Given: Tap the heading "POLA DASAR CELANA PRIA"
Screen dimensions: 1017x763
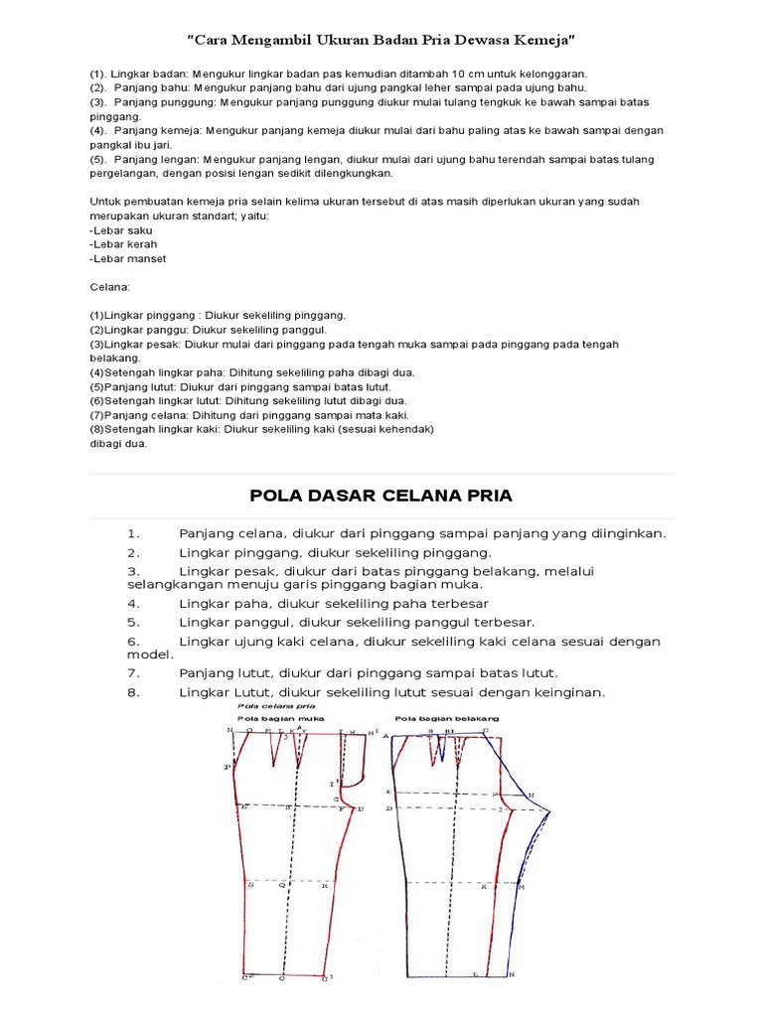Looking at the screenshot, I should click(x=381, y=496).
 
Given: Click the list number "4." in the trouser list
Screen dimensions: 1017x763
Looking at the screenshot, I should click(x=133, y=603).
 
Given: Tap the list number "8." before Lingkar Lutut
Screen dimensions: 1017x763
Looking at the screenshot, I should click(x=133, y=692).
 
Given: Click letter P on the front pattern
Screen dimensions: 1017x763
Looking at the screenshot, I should click(x=228, y=767).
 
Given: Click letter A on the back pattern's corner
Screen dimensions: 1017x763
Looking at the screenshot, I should click(x=384, y=736).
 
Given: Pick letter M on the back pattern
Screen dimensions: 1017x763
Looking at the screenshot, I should click(x=521, y=886).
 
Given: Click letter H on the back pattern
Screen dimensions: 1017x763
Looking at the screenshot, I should click(x=532, y=795).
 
